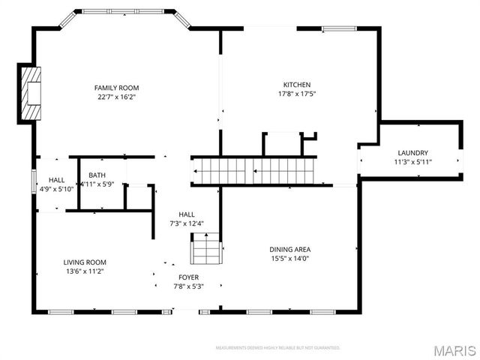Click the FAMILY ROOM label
(115, 87)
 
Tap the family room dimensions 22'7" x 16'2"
(115, 96)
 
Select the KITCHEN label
(296, 85)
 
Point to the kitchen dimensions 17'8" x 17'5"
(296, 94)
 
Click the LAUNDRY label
(412, 152)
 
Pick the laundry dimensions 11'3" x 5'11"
(412, 161)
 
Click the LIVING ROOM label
(84, 262)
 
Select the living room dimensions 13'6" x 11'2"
(84, 271)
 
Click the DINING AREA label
(289, 250)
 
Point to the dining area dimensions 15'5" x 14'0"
(289, 259)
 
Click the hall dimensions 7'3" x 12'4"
(186, 223)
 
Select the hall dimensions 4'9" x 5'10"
(56, 189)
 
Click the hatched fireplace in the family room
(31, 93)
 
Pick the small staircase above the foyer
(206, 249)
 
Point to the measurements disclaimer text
(277, 348)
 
